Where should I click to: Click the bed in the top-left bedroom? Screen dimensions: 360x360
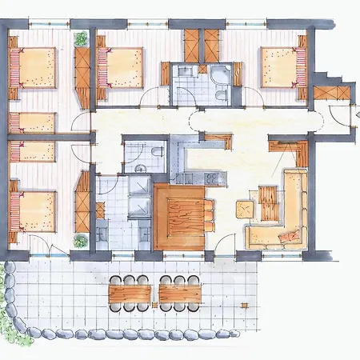34,66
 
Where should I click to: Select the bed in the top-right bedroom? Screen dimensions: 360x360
282,66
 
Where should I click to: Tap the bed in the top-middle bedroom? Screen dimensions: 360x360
121,66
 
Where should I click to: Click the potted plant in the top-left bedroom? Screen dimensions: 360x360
81,38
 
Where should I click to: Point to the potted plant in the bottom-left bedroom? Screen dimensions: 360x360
81,240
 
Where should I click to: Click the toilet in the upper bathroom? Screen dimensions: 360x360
219,93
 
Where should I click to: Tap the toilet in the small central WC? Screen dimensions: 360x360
156,152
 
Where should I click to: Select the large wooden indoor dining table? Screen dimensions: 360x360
181,214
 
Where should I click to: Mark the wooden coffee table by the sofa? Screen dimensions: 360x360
269,204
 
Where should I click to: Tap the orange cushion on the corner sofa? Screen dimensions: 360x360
290,236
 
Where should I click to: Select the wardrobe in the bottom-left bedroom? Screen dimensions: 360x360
82,200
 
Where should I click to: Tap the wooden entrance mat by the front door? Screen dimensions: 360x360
330,92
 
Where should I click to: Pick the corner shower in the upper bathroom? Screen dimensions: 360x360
219,75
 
